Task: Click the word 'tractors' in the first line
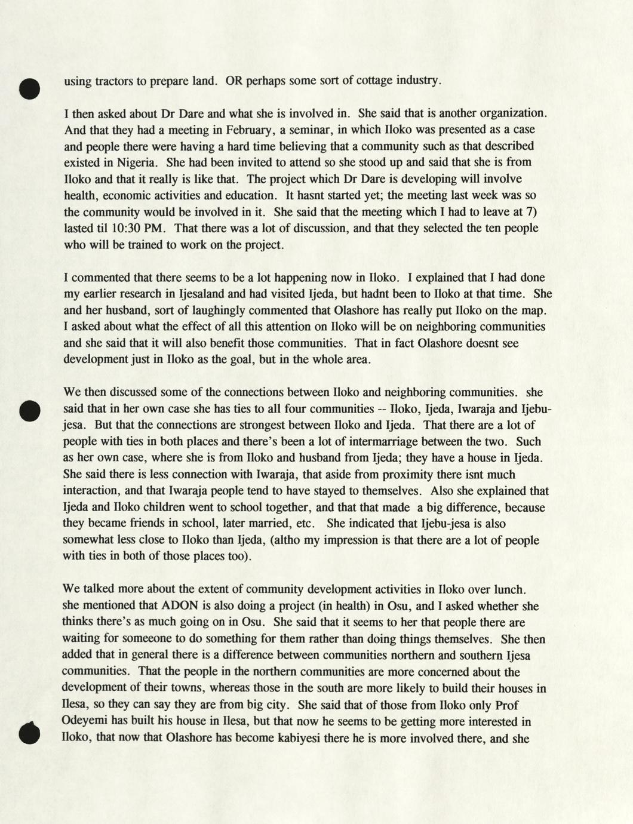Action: pyautogui.click(x=113, y=81)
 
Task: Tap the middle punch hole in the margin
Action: pyautogui.click(x=29, y=411)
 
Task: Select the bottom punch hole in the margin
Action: pyautogui.click(x=29, y=734)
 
